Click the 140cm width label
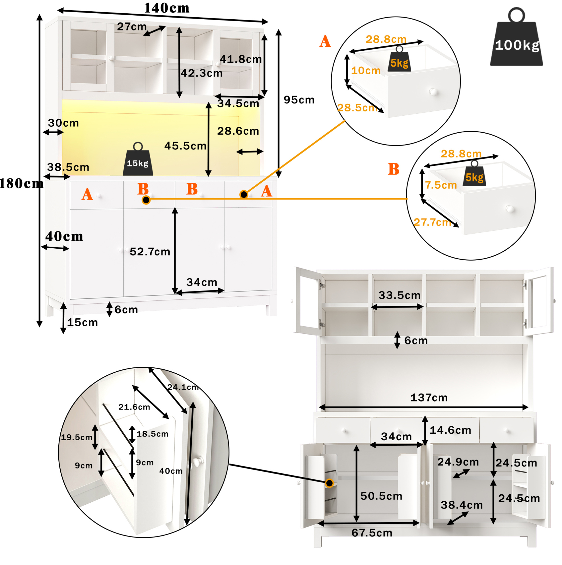pos(167,8)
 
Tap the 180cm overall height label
pos(21,184)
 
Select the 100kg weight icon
pos(516,36)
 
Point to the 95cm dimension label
pos(299,100)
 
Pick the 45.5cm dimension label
pos(185,146)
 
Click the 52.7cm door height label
pos(150,252)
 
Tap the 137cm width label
pos(429,398)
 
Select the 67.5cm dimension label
pos(372,533)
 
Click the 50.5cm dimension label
pos(381,496)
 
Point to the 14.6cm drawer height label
pos(450,430)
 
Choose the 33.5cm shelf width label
pos(400,295)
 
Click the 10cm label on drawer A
pos(366,71)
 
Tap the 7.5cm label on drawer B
pos(441,185)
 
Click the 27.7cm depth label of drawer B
pos(433,222)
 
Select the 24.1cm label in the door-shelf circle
pos(183,387)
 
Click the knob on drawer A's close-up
pos(433,92)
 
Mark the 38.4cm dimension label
pos(462,505)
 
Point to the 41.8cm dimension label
pos(241,59)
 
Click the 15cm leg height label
pos(83,323)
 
